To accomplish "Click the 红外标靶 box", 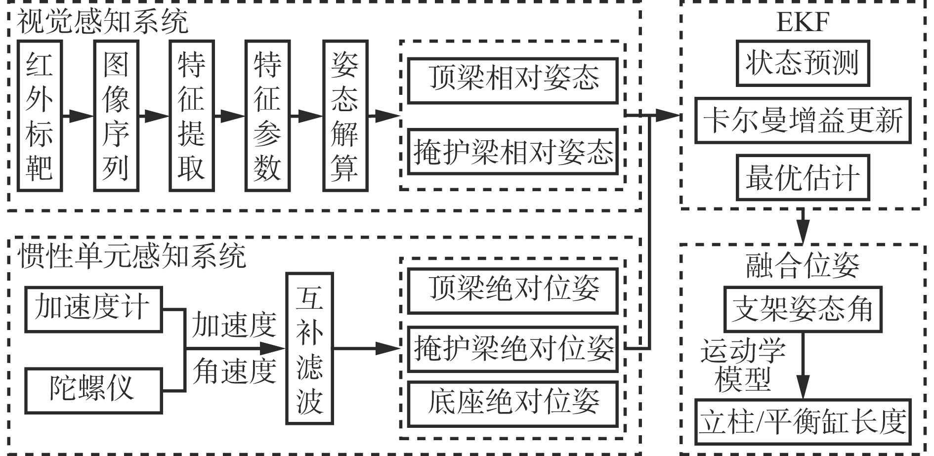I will [40, 116].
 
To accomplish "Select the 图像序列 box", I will [116, 116].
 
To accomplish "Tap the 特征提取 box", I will [191, 116].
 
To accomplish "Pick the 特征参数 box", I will [267, 116].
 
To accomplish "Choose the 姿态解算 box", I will [345, 116].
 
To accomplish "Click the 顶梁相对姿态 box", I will [512, 81].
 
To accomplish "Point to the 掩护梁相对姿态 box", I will [512, 152].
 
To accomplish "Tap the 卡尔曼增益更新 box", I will [803, 121].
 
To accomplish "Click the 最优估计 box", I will [802, 178].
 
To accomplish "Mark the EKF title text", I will [803, 23].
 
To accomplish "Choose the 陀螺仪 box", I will [93, 390].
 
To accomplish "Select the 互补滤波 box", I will [309, 348].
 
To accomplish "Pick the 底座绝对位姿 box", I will [512, 404].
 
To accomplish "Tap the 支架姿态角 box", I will [802, 309].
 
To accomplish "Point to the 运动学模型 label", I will [743, 365].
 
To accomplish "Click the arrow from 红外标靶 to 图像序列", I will [78, 116].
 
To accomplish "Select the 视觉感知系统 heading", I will [103, 22].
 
